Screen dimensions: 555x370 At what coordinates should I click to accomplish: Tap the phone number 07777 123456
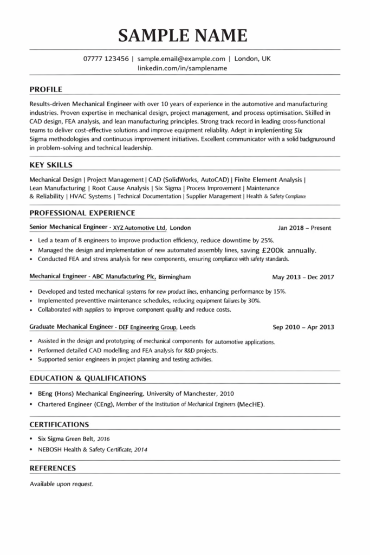tap(106, 59)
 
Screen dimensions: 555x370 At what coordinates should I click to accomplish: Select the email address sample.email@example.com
tap(181, 59)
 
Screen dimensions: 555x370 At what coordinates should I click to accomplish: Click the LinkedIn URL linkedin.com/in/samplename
tap(183, 68)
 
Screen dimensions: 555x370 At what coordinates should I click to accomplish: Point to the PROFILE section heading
tap(46, 89)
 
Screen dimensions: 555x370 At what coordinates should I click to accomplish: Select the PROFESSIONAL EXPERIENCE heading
tap(82, 213)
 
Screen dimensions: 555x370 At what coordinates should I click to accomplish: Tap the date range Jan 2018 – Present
tap(304, 228)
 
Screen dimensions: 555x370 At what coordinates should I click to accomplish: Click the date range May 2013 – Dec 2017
tap(303, 277)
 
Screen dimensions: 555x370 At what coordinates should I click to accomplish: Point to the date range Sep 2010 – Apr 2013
tap(303, 327)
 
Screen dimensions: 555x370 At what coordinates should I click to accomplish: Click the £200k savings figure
tap(273, 250)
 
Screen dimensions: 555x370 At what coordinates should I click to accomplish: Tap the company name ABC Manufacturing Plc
tap(124, 277)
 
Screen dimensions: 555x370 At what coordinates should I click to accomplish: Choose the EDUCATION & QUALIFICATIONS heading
tap(88, 378)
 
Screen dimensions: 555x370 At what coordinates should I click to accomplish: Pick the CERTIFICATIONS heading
tap(59, 424)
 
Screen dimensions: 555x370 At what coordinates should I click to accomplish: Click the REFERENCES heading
tap(53, 468)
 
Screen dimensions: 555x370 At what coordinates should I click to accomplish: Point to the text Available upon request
tap(61, 483)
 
